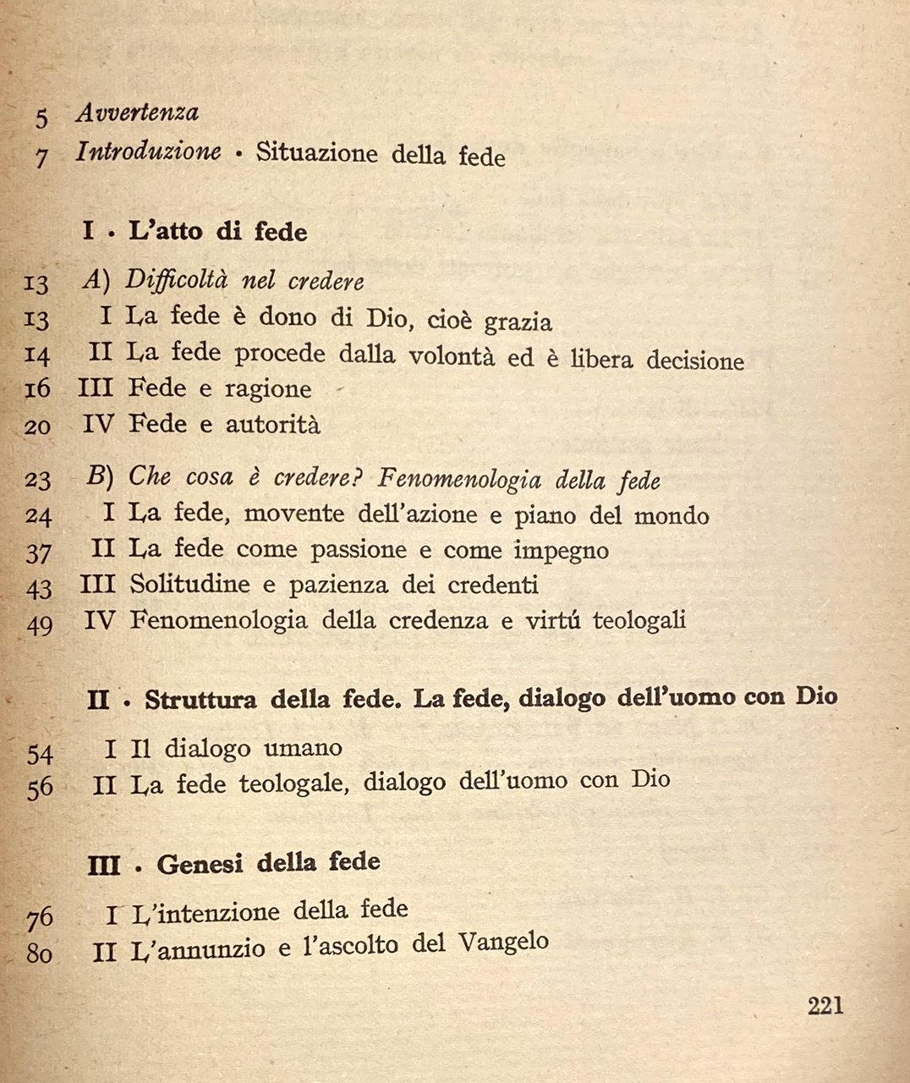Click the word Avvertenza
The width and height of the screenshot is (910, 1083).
click(137, 113)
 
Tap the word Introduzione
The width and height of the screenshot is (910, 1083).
click(148, 152)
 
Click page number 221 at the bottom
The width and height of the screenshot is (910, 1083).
click(825, 1006)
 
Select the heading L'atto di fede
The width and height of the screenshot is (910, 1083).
click(217, 232)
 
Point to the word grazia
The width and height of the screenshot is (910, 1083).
click(518, 322)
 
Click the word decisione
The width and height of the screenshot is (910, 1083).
click(695, 361)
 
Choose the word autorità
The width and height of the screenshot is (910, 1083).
click(272, 425)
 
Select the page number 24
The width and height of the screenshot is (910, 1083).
click(38, 516)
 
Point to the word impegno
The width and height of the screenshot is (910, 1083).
click(561, 551)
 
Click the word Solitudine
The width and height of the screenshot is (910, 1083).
click(190, 585)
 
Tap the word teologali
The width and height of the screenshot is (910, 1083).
click(639, 620)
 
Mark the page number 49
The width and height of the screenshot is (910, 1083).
click(39, 625)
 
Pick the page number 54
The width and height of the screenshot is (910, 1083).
click(40, 754)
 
